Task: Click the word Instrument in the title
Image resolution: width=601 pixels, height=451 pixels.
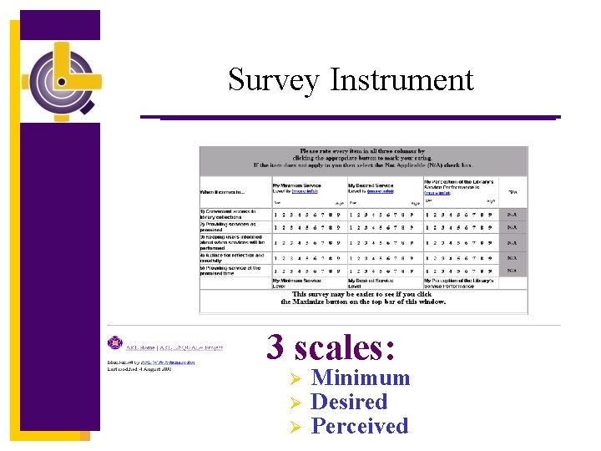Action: pyautogui.click(x=402, y=80)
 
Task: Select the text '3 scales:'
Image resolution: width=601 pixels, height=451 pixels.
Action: pyautogui.click(x=331, y=347)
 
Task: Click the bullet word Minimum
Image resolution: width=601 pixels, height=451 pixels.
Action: pyautogui.click(x=360, y=378)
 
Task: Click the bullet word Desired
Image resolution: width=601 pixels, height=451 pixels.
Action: pyautogui.click(x=349, y=402)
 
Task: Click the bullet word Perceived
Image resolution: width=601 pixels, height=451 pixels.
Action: pyautogui.click(x=359, y=426)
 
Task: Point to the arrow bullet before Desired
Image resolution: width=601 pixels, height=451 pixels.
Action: pyautogui.click(x=293, y=403)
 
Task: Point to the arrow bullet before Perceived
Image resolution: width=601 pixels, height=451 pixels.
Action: pyautogui.click(x=293, y=427)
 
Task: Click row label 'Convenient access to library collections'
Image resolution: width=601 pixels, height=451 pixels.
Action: pyautogui.click(x=232, y=215)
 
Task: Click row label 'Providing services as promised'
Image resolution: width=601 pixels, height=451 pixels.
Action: pyautogui.click(x=230, y=228)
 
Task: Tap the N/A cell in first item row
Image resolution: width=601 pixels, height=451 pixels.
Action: pyautogui.click(x=513, y=214)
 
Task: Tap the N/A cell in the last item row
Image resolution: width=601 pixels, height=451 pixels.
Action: pyautogui.click(x=513, y=271)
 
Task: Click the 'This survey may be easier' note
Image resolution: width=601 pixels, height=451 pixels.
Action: pyautogui.click(x=363, y=297)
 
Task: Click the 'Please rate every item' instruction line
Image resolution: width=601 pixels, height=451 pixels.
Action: pyautogui.click(x=363, y=152)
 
